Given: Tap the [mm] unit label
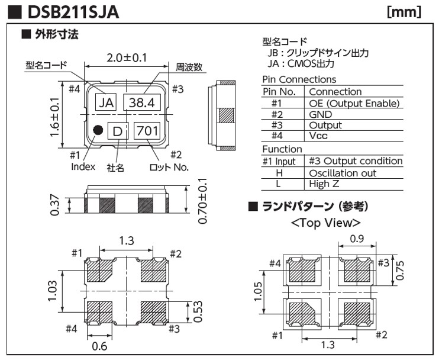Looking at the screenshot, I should point(404,12).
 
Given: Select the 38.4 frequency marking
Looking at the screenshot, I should point(142,102).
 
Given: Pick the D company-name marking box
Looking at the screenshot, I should point(118,130).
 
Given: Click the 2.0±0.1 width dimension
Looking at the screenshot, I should point(126,57).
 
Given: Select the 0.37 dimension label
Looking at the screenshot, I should point(55,204).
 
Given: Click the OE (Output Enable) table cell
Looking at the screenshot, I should point(354,103).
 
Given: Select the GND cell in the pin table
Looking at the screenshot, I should point(321,114).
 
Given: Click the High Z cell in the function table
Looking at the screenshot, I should point(325,184).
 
